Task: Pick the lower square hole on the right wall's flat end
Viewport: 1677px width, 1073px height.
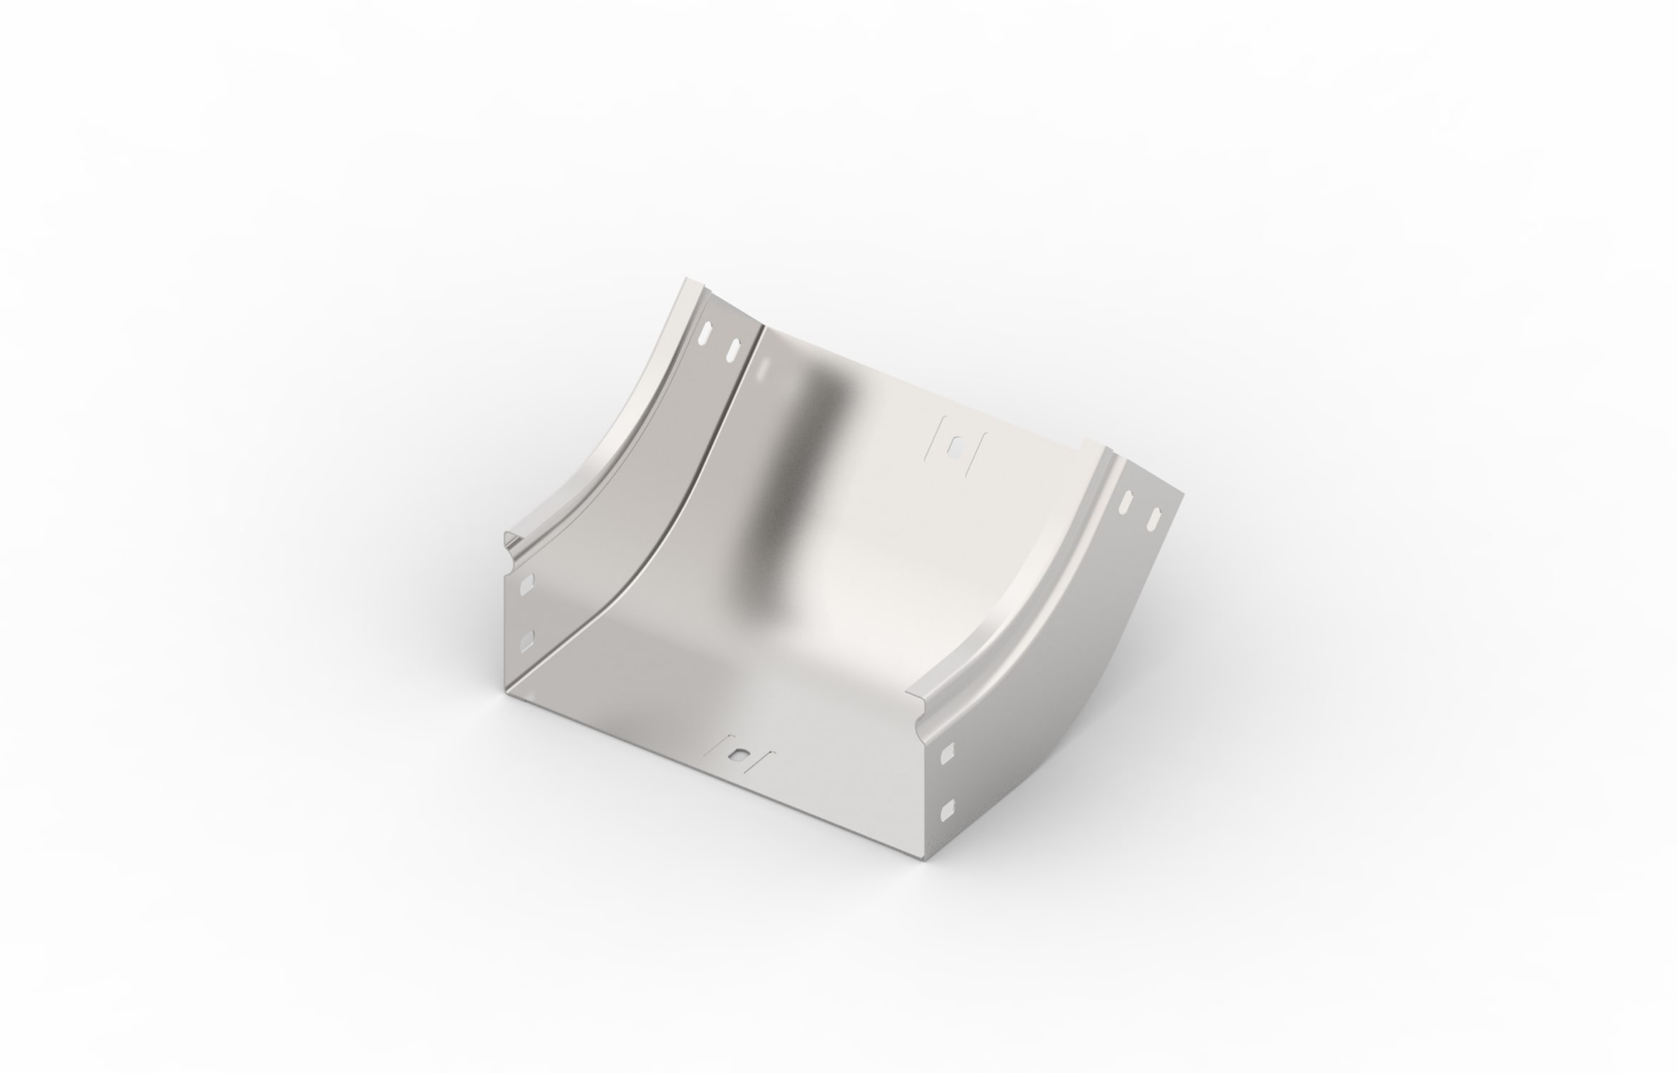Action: point(947,808)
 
